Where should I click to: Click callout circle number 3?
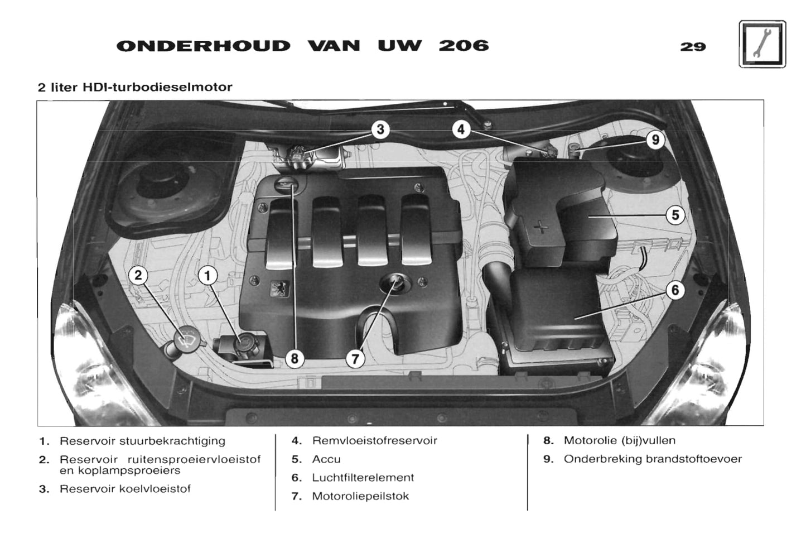380,130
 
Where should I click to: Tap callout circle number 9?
655,140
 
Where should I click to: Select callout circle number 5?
675,215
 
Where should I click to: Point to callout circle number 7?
355,358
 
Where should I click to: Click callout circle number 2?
138,275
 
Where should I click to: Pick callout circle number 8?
295,358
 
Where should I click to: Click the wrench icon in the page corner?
762,44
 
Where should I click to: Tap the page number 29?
693,47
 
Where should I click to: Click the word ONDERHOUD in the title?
204,46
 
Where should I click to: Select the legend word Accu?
326,459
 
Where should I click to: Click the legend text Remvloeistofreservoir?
374,441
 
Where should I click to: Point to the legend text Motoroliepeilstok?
360,496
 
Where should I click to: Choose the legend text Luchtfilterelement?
363,478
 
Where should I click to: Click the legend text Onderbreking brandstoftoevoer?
653,459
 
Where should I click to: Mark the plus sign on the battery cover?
540,227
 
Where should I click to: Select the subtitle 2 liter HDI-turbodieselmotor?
135,87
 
